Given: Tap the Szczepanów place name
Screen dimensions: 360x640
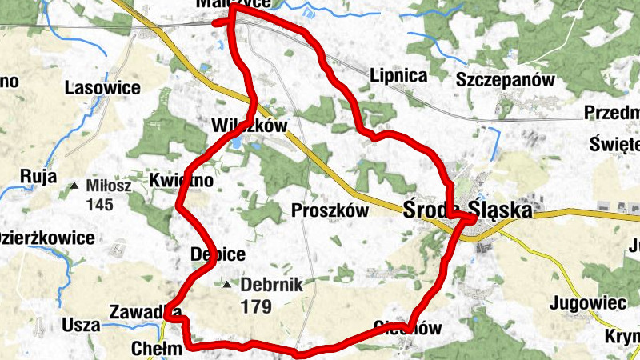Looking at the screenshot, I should pos(506,79).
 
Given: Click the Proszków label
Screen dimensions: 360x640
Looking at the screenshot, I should pos(330,211).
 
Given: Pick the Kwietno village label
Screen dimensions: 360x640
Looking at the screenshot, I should pos(182,182).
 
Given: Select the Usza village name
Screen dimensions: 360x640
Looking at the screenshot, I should pos(81,326).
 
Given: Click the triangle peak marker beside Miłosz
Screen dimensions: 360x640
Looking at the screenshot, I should pos(75,186).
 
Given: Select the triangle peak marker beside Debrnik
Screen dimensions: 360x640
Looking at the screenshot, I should pos(228,285).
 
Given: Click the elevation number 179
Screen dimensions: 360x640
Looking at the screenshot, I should pos(255,306).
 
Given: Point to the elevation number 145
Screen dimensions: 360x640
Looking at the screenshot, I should pos(101,205).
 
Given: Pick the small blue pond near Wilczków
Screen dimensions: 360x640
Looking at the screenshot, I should pos(238,143).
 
